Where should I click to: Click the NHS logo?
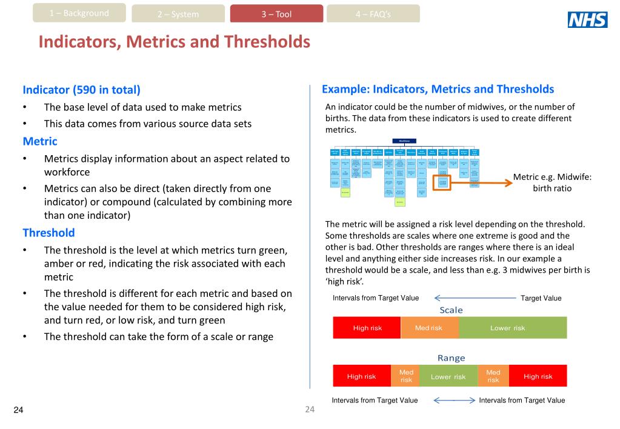[587, 21]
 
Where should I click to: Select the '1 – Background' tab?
[79, 13]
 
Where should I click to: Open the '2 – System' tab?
[178, 14]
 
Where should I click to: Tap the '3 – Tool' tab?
[276, 14]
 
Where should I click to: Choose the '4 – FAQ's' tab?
[373, 14]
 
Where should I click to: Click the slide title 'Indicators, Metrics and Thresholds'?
[175, 42]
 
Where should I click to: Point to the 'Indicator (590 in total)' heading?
[81, 90]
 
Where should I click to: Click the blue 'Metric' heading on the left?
[40, 141]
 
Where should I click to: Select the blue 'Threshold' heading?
[48, 233]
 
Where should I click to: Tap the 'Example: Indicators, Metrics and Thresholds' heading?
[438, 89]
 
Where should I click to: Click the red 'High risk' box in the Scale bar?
[367, 328]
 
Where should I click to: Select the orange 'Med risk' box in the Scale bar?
[429, 328]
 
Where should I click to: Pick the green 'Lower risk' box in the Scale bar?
[513, 328]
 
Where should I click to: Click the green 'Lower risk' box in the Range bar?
[448, 376]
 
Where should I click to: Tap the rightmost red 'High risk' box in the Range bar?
[538, 376]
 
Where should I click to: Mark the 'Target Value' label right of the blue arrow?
[541, 298]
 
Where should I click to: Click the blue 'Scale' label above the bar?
[451, 310]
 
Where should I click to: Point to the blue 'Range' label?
[451, 358]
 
